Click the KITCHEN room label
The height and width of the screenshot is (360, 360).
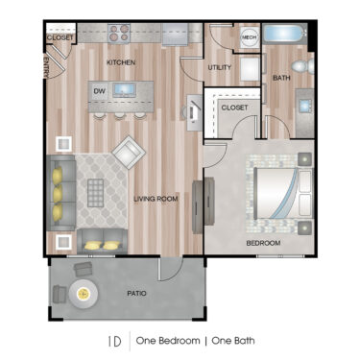click(121, 62)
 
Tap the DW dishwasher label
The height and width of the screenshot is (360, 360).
click(99, 91)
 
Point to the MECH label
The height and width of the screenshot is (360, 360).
click(249, 37)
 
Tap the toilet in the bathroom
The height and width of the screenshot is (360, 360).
click(300, 66)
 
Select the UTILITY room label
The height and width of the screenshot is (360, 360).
click(220, 67)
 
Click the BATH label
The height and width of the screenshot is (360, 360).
click(281, 77)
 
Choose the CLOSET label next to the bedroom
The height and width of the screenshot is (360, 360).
click(234, 108)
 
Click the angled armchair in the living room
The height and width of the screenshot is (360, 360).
click(128, 153)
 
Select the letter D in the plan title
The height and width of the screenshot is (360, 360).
click(116, 341)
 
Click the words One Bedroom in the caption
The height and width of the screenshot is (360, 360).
click(168, 341)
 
